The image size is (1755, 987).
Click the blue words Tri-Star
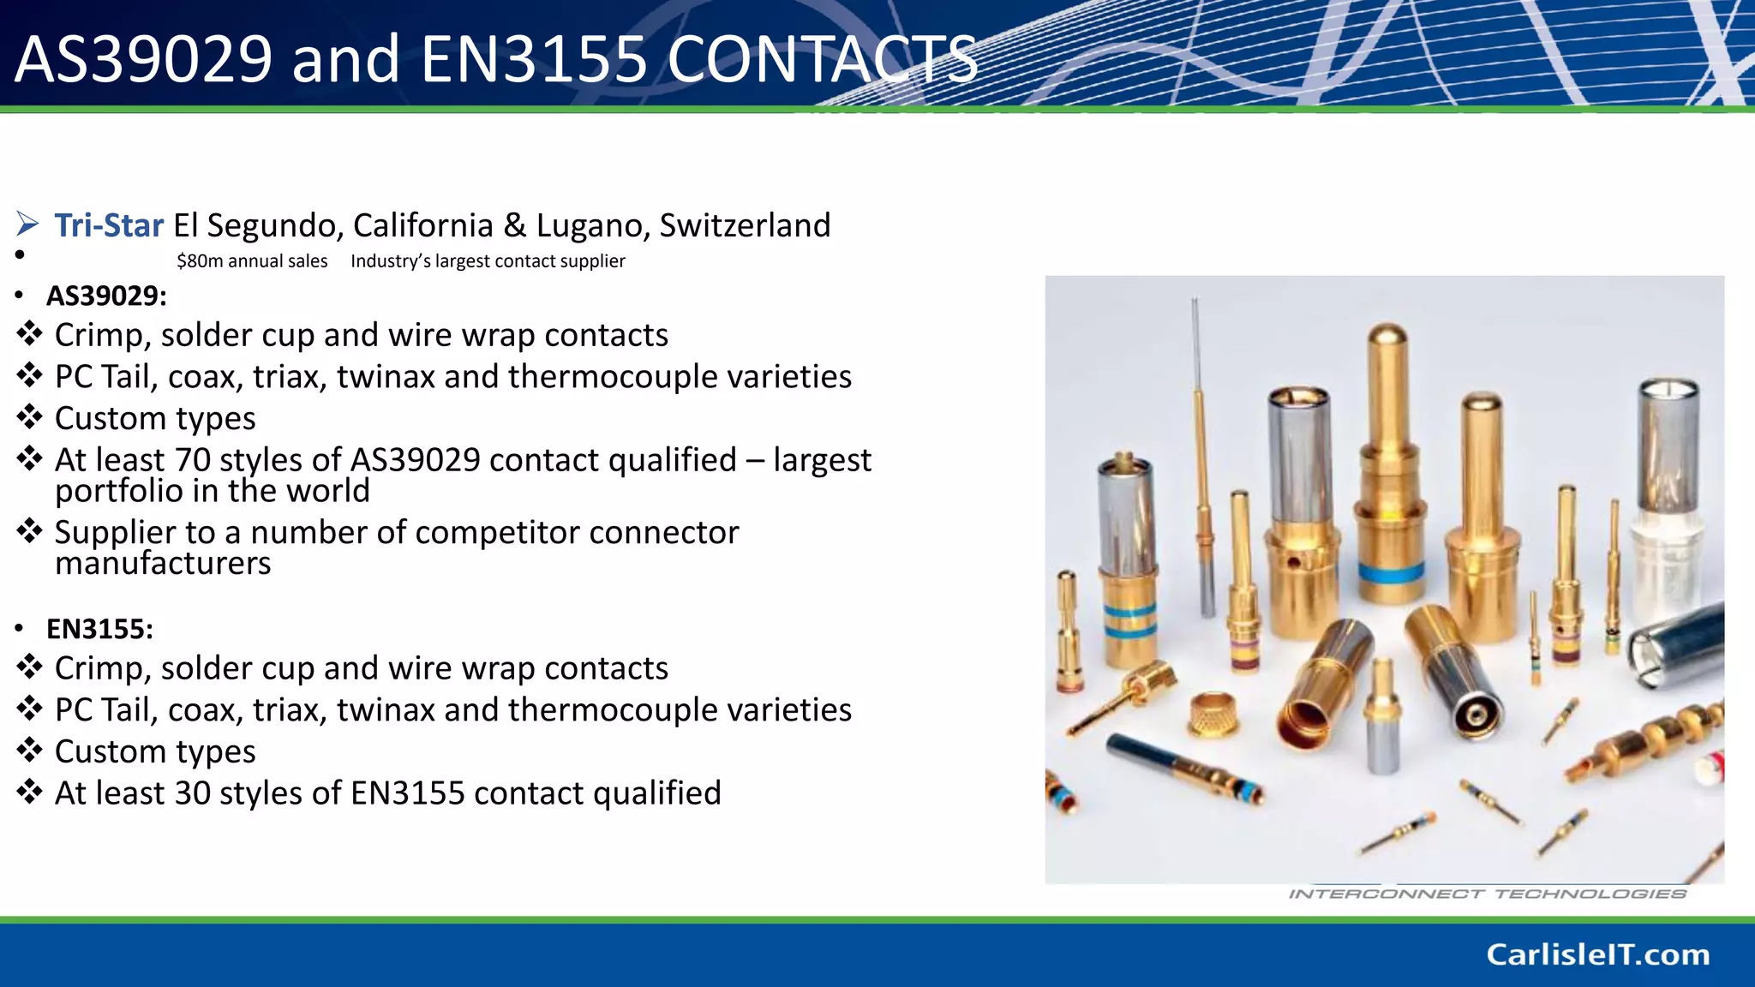point(109,225)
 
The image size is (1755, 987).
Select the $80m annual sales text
point(252,261)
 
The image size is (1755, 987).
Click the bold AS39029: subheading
point(106,296)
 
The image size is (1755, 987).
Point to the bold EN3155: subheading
point(99,629)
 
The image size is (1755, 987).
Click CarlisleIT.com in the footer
point(1597,954)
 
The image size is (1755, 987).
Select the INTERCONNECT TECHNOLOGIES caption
point(1488,894)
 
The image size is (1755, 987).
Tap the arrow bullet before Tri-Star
point(27,225)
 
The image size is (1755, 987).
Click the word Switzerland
point(745,225)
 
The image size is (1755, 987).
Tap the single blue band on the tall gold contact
point(1392,572)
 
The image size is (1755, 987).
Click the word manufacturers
point(163,564)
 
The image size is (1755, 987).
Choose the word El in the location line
point(186,225)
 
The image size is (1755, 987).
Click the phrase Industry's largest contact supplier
point(488,261)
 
